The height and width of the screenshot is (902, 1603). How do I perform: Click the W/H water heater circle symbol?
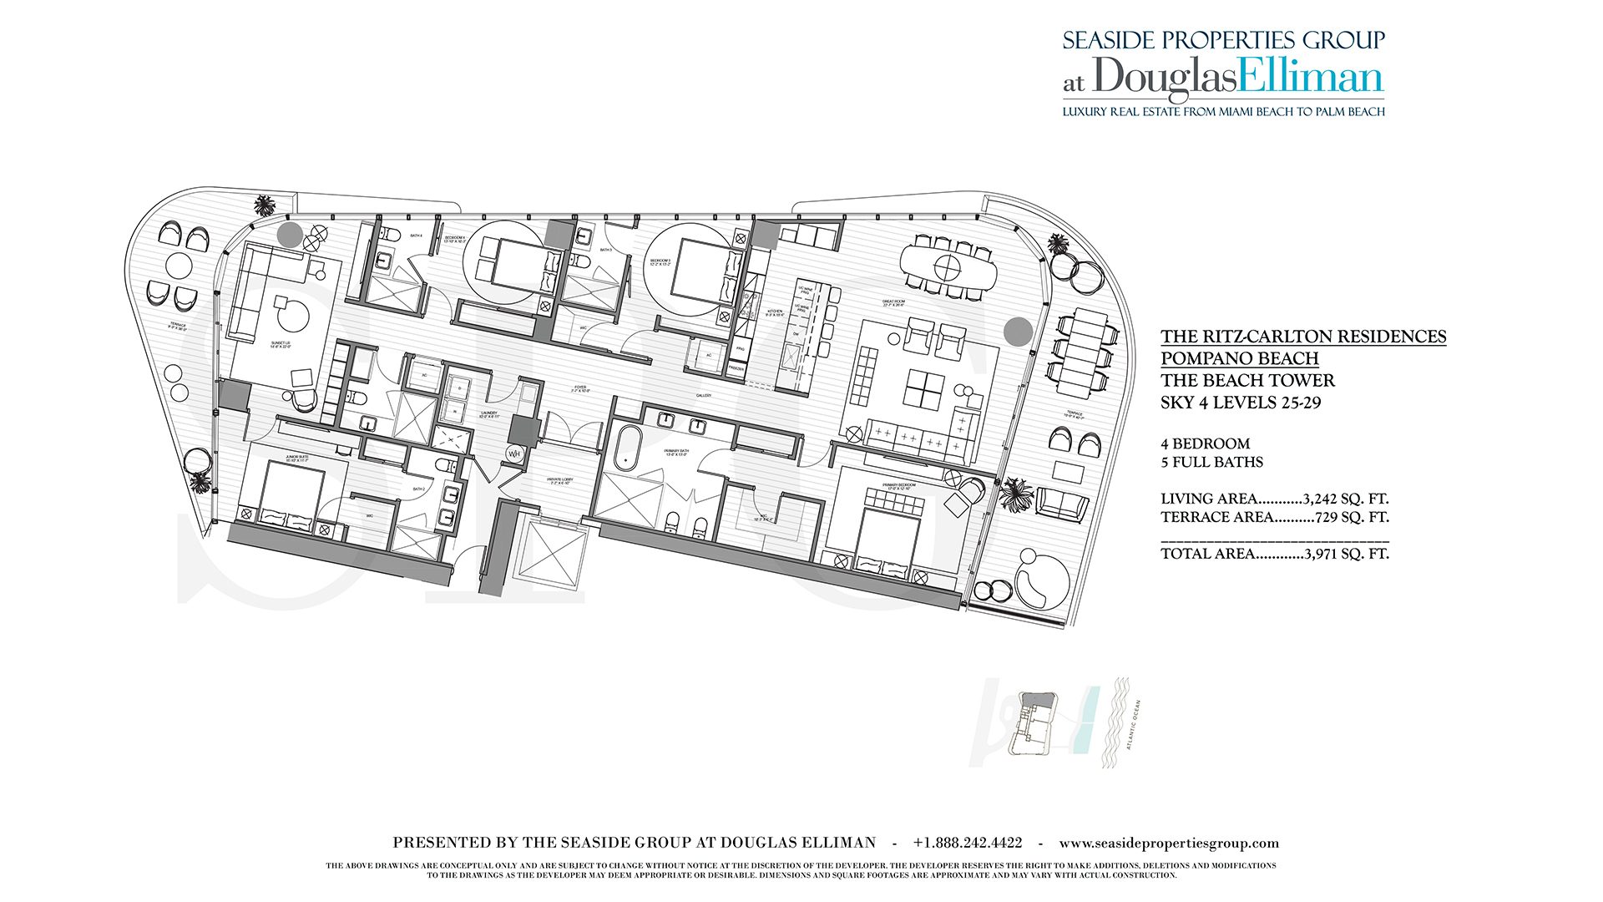point(514,454)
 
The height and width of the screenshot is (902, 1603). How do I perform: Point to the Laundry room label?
point(489,413)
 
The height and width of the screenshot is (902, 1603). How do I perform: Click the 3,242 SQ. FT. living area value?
point(1345,499)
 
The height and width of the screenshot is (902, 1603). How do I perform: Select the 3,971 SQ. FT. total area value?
point(1346,554)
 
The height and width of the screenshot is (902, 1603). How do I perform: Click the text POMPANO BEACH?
point(1239,358)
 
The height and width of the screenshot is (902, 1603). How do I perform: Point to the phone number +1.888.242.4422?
point(967,844)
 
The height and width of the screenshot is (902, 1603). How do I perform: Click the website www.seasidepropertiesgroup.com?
point(1169,844)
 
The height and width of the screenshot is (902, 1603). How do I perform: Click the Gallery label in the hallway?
point(704,395)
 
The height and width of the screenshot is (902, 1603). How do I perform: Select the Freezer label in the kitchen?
point(736,368)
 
